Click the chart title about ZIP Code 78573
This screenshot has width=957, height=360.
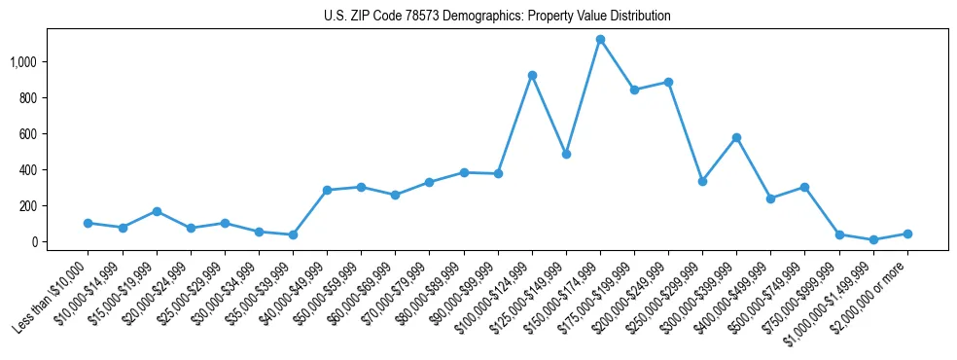497,17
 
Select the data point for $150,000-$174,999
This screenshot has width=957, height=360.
600,40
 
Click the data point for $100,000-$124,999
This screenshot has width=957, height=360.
532,75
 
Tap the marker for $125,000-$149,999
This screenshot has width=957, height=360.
566,154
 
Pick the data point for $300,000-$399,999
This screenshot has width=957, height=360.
736,137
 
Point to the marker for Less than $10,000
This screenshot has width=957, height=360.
89,223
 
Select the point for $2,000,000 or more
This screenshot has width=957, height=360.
907,234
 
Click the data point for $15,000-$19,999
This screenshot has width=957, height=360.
157,211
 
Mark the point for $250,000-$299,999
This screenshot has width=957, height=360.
702,181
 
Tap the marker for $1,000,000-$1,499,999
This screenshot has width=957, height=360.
873,239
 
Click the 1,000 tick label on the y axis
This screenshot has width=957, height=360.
23,62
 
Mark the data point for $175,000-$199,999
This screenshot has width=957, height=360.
634,90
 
